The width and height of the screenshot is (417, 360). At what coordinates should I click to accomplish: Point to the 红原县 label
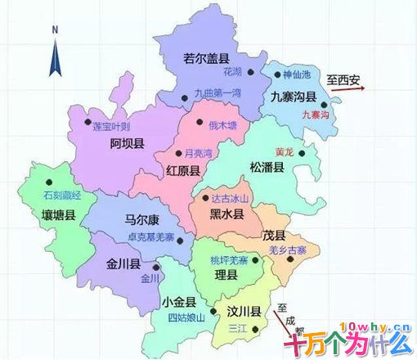pyautogui.click(x=184, y=171)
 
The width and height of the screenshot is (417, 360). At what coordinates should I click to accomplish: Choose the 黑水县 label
pyautogui.click(x=227, y=214)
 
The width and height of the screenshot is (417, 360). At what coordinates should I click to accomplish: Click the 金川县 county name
pyautogui.click(x=123, y=265)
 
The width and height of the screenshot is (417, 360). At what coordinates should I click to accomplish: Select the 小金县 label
pyautogui.click(x=178, y=301)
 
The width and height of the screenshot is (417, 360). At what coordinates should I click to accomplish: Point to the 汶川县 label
pyautogui.click(x=244, y=311)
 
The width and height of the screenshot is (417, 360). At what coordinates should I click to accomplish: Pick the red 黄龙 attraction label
pyautogui.click(x=285, y=151)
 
